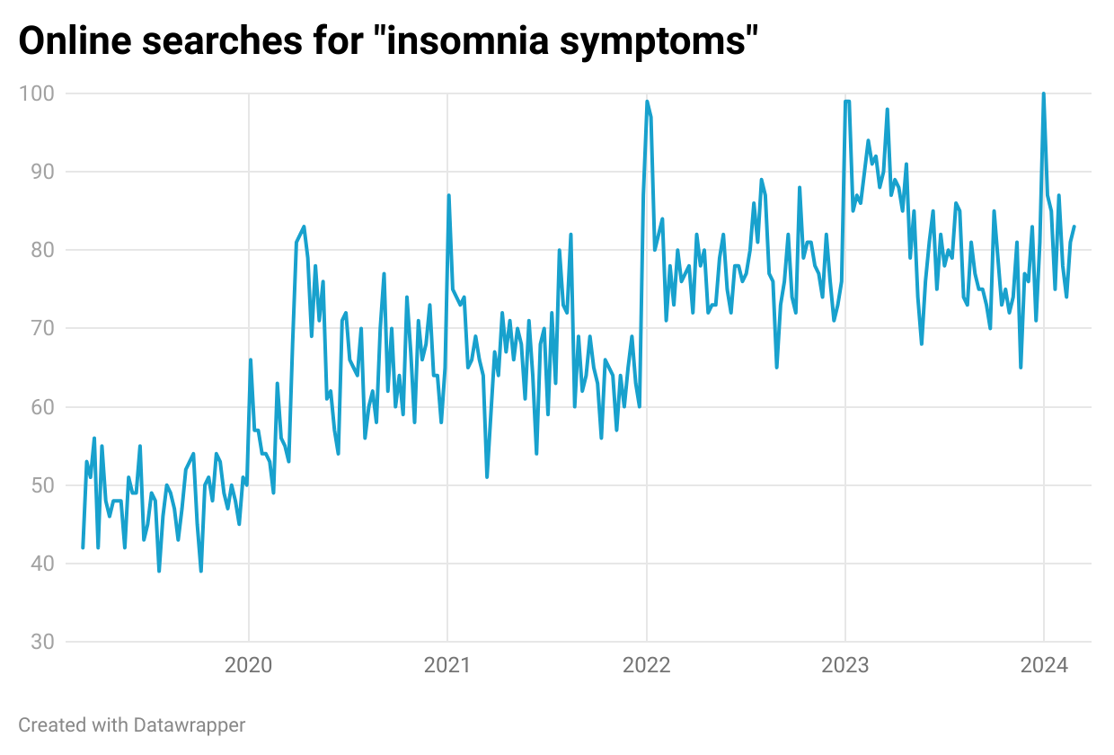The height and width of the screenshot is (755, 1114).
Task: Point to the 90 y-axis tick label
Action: [x=40, y=172]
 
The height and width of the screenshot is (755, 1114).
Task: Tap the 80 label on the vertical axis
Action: [x=40, y=250]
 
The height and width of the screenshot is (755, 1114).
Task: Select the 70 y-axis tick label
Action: [x=40, y=328]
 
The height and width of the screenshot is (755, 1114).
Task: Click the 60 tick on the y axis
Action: [x=40, y=407]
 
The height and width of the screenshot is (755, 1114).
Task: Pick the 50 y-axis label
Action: [x=40, y=485]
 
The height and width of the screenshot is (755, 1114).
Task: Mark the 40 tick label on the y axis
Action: [x=40, y=564]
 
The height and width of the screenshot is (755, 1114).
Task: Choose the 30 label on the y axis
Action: [x=40, y=642]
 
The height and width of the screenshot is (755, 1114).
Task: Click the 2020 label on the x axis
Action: [x=249, y=666]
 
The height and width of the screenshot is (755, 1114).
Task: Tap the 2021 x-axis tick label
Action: [x=447, y=666]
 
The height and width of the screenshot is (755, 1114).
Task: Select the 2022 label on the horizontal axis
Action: [x=646, y=666]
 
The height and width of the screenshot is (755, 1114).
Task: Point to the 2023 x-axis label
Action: [x=844, y=666]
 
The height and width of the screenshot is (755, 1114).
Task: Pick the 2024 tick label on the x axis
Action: [x=1043, y=666]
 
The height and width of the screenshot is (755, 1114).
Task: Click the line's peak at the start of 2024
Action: [x=1043, y=94]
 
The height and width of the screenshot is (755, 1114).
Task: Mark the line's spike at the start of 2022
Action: [x=647, y=102]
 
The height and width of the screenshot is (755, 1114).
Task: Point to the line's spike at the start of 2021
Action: [x=448, y=196]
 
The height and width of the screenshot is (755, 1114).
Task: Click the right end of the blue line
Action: [x=1074, y=226]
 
